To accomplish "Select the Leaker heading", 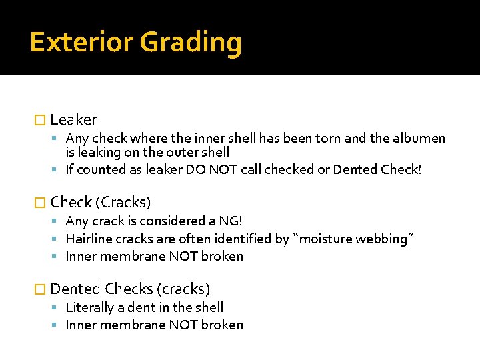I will [x=73, y=120].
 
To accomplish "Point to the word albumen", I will [x=419, y=139].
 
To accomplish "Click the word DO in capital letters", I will [x=193, y=169].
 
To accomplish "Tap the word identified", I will [x=245, y=239].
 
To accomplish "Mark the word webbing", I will [x=387, y=239].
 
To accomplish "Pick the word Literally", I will [x=91, y=307].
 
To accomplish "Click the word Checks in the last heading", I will [x=127, y=289].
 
